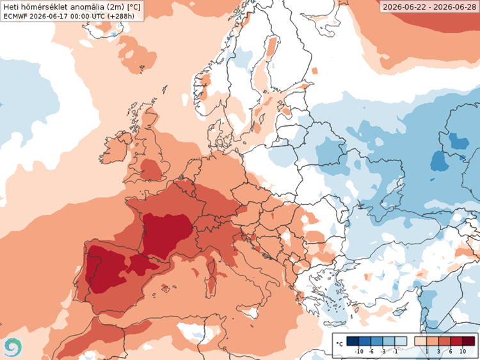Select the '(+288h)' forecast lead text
[x=121, y=16]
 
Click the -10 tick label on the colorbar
[x=359, y=352]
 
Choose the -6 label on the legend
[x=371, y=352]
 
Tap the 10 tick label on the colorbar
[x=463, y=352]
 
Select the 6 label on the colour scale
[x=451, y=352]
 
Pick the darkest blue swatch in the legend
[x=353, y=341]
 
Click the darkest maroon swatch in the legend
[x=468, y=341]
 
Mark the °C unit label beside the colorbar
[x=339, y=344]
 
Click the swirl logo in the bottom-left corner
[x=13, y=347]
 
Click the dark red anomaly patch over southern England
[x=151, y=169]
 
